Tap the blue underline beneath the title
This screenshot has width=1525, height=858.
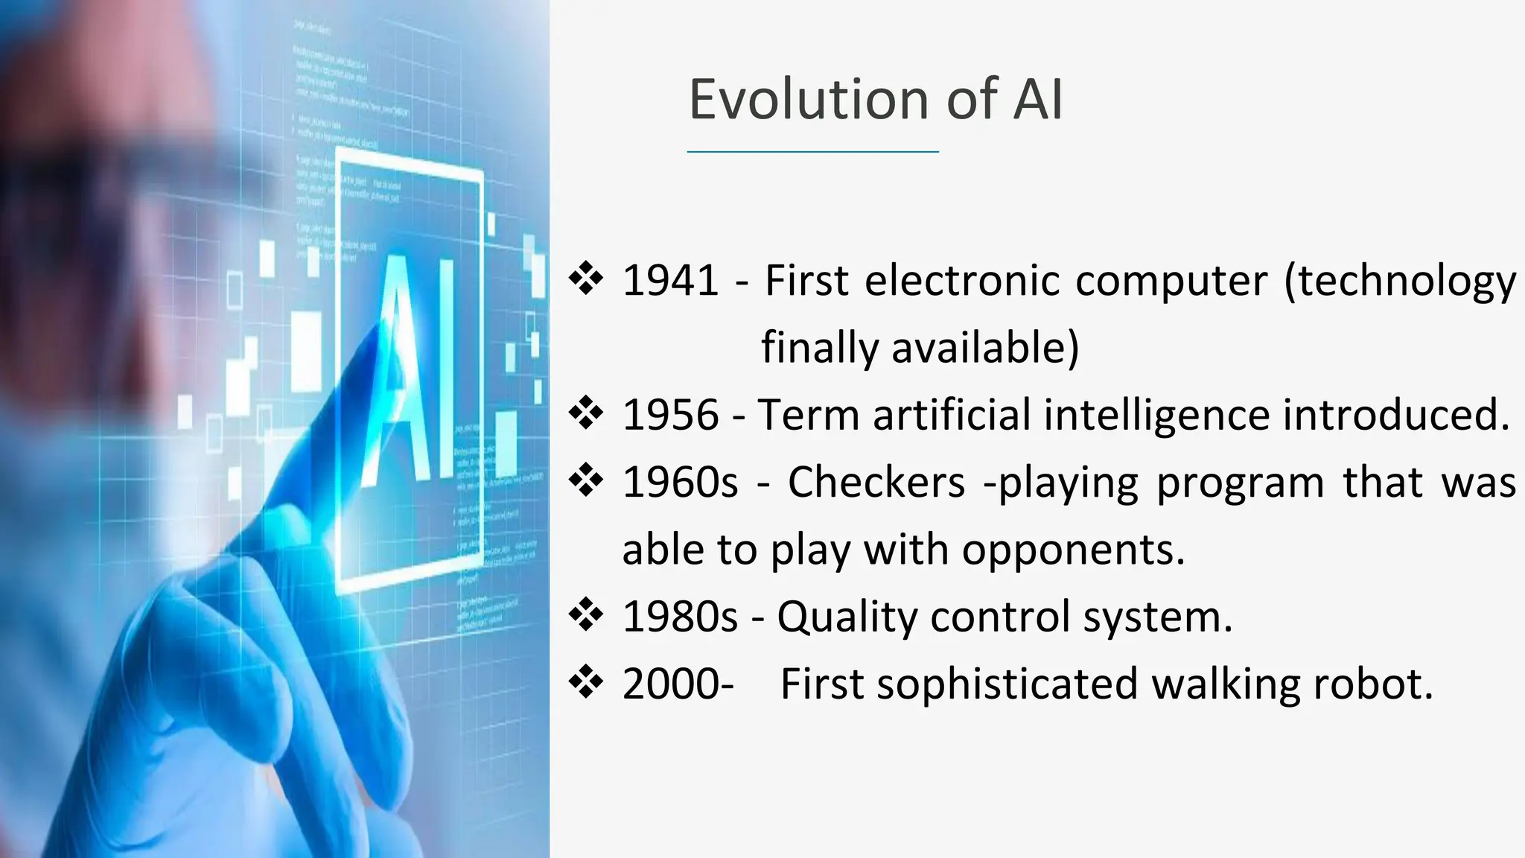pos(812,152)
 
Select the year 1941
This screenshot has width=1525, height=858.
pos(670,281)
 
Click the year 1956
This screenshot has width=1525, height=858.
pos(670,415)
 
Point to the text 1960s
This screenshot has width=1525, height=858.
pos(680,482)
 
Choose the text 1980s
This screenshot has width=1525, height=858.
pos(680,617)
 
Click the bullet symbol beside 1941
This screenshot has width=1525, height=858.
pos(586,279)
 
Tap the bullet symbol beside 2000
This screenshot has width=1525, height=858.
pos(586,681)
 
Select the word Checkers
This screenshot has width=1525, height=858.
pos(876,482)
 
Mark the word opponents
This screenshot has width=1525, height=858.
pos(1072,551)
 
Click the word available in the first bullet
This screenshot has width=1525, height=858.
pos(984,348)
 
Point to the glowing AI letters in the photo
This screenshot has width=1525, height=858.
pos(410,369)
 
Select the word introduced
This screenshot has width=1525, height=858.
pos(1395,415)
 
